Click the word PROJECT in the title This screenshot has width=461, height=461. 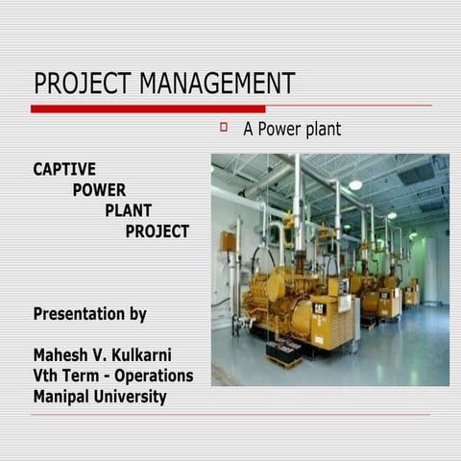(x=84, y=84)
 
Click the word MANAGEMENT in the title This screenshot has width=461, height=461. (x=216, y=84)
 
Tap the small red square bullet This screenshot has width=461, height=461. (x=223, y=127)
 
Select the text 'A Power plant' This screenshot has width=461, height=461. (x=291, y=128)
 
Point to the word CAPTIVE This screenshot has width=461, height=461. (x=64, y=169)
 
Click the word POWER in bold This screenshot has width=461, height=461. (x=99, y=190)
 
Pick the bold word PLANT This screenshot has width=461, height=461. (x=129, y=210)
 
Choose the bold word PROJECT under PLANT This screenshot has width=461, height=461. (x=157, y=231)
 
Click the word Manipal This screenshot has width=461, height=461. (x=63, y=397)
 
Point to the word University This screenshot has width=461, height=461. (x=131, y=397)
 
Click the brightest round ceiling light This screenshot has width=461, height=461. (x=355, y=184)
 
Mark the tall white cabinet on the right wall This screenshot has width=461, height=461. (x=432, y=269)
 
